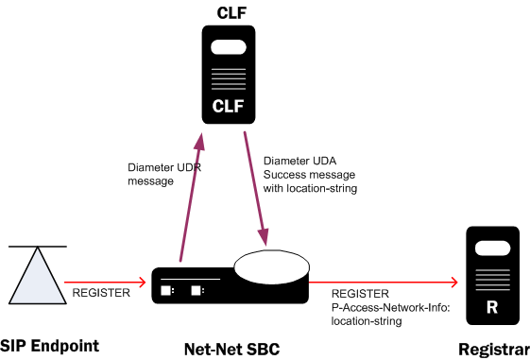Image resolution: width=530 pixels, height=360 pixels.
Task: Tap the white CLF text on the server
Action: (x=229, y=105)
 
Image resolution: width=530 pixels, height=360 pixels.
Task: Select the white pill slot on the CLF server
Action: (x=229, y=47)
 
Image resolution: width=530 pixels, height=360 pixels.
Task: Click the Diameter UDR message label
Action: (x=156, y=175)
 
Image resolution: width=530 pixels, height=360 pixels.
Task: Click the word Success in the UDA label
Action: (x=287, y=175)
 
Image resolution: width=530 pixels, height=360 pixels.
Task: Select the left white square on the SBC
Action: (x=165, y=290)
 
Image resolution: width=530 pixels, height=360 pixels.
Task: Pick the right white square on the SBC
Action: (x=197, y=290)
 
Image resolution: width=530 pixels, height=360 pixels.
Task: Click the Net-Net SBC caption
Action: (x=231, y=349)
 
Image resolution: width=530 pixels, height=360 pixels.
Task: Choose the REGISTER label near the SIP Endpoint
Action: (x=101, y=293)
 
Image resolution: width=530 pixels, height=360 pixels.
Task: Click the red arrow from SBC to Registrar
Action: (x=383, y=281)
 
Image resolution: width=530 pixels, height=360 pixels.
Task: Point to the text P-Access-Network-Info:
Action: (x=376, y=307)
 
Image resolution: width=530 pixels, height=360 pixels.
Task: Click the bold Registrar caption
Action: (x=488, y=349)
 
